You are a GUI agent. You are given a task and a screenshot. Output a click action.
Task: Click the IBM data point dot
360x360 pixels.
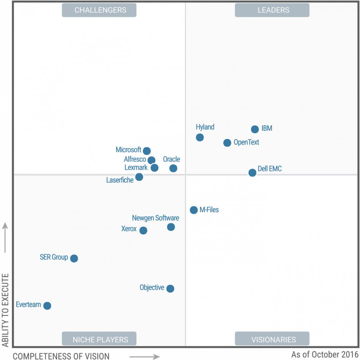[x=255, y=129]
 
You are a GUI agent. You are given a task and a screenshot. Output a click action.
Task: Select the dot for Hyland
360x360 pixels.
[x=200, y=137]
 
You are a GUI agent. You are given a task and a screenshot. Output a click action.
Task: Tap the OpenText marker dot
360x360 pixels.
[x=227, y=143]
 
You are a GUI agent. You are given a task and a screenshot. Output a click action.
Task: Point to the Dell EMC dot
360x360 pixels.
[x=252, y=173]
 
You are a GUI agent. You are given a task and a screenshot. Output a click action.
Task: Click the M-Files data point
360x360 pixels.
[x=194, y=210]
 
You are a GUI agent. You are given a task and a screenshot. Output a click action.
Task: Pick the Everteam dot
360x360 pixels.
[x=47, y=306]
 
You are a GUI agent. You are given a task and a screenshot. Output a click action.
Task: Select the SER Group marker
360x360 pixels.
[x=74, y=258]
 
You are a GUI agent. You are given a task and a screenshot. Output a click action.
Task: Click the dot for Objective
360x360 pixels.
[x=170, y=288]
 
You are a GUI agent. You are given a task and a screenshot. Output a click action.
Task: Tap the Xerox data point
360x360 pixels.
[x=143, y=230]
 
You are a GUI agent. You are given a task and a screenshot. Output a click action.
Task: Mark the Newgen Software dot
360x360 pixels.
[x=171, y=227]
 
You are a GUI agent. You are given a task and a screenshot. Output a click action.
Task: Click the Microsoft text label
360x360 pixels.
[x=128, y=150]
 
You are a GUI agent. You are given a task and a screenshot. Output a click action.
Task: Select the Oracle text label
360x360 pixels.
[x=171, y=159]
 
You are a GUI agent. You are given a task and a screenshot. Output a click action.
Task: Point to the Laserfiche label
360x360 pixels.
[x=120, y=180]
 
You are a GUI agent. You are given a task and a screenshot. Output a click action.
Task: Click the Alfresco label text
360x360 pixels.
[x=135, y=159]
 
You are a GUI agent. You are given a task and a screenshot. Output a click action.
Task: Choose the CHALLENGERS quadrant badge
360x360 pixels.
[x=99, y=10]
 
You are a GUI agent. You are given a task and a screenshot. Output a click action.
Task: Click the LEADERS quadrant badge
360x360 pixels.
[x=272, y=10]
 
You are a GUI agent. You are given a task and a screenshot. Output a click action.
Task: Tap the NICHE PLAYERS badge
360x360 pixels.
[x=99, y=339]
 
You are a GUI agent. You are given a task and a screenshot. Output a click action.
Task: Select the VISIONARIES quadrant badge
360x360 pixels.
[x=272, y=339]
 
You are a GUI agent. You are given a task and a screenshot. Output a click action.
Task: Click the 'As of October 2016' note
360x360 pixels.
[x=325, y=355]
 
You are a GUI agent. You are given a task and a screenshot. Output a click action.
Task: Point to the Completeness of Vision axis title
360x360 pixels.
[x=61, y=356]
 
